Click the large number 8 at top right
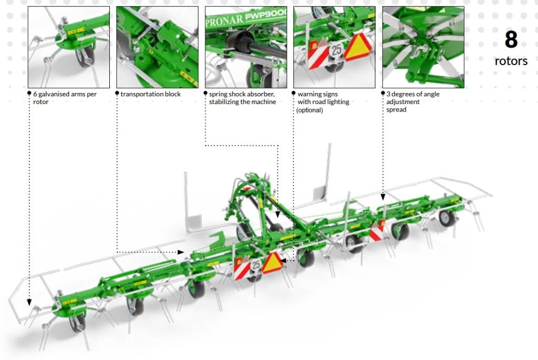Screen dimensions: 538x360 click(511, 39)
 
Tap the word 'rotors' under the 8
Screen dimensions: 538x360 click(511, 61)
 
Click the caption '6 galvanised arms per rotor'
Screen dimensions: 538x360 click(65, 98)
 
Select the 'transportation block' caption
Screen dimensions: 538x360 click(151, 94)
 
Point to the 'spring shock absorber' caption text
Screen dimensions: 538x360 click(242, 98)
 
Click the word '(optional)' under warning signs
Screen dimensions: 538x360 click(309, 110)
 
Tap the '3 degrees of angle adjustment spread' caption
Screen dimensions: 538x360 click(413, 102)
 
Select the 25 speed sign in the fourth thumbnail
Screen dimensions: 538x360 click(336, 50)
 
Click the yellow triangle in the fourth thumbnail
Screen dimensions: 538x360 click(359, 47)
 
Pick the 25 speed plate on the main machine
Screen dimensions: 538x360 click(256, 265)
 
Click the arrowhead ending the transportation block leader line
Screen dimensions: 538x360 click(181, 252)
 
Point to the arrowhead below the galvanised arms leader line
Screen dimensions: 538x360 click(29, 302)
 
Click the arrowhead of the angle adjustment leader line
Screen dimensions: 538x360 click(383, 197)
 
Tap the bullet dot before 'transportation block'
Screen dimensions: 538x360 click(117, 93)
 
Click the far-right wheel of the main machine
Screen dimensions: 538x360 click(447, 218)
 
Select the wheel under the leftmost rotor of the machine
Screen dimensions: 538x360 click(78, 323)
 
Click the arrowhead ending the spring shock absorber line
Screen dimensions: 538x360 click(277, 215)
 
